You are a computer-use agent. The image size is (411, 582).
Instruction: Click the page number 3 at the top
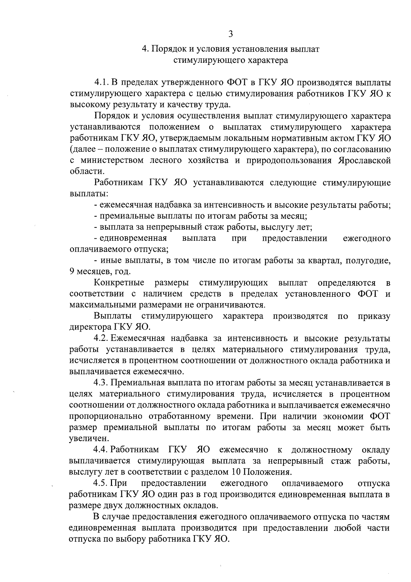231,34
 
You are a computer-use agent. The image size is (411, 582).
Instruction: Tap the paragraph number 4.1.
101,83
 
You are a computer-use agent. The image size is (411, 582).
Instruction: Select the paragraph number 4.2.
101,339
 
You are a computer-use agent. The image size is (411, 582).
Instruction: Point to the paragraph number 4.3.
101,383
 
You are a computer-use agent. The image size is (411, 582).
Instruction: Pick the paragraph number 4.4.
101,450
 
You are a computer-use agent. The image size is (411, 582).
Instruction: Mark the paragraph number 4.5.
101,484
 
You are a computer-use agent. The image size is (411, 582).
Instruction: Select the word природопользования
288,161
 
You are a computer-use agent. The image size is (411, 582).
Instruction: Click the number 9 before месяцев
72,272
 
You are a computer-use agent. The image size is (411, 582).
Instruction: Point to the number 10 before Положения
236,472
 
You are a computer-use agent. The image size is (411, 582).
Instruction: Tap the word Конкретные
119,283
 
